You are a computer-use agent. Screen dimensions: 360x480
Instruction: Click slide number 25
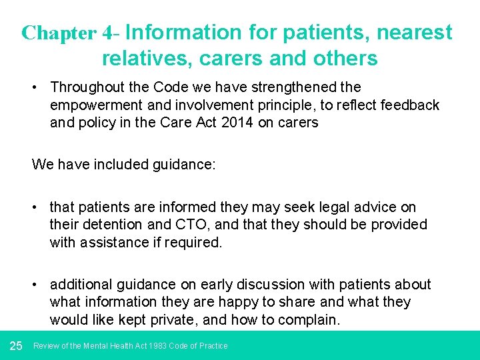point(17,345)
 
